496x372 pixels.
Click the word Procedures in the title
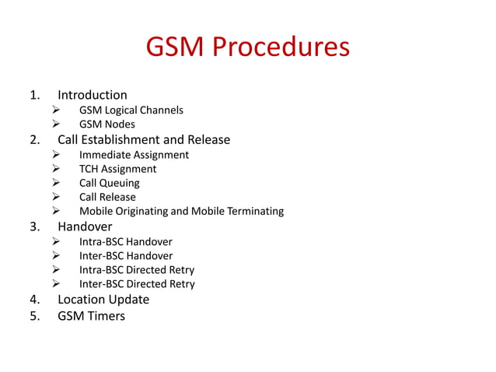[x=281, y=48]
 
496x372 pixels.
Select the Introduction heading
[x=92, y=95]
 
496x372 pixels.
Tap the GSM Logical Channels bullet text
[x=131, y=110]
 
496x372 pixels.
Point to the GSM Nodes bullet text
[x=107, y=125]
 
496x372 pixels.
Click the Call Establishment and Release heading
[x=144, y=140]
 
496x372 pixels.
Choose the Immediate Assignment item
[x=134, y=155]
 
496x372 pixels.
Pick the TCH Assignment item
[x=117, y=169]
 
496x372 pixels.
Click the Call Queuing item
[x=109, y=183]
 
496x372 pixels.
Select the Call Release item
[x=107, y=197]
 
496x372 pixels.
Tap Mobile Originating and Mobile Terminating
[x=181, y=211]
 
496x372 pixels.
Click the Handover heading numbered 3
[x=85, y=226]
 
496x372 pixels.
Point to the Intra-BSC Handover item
[x=125, y=241]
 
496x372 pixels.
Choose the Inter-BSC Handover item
[x=126, y=255]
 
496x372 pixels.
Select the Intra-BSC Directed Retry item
[x=137, y=269]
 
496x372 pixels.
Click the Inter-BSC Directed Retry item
[x=137, y=283]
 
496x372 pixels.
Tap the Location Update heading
[x=103, y=299]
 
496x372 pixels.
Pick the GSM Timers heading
[x=91, y=316]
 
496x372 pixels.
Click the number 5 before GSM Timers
[x=33, y=316]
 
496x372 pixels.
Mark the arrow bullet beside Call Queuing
[x=57, y=183]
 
